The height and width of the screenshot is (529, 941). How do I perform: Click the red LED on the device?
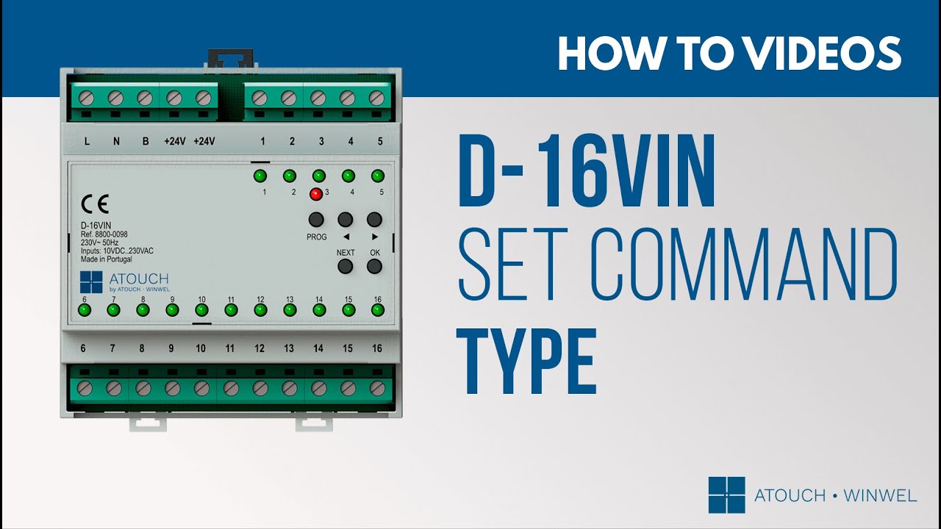316,194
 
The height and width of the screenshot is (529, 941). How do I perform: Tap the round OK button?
374,266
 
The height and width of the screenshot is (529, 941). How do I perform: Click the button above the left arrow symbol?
346,219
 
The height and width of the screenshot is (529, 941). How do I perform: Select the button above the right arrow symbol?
374,219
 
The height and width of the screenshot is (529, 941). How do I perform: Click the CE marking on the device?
95,204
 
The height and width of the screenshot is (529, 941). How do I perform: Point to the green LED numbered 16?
378,310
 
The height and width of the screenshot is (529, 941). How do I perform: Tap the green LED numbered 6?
85,310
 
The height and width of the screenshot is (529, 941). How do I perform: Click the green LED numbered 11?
231,310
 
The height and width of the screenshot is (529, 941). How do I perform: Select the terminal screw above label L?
86,98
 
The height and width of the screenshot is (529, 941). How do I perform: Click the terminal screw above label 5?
376,98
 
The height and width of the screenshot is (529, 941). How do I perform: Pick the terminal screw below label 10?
201,389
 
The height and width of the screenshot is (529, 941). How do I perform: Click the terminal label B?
146,142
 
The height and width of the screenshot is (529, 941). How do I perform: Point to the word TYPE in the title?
527,361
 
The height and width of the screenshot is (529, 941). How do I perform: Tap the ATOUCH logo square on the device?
91,282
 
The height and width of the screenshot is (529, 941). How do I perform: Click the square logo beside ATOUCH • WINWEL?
727,495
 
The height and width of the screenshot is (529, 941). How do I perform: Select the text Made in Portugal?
107,259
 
